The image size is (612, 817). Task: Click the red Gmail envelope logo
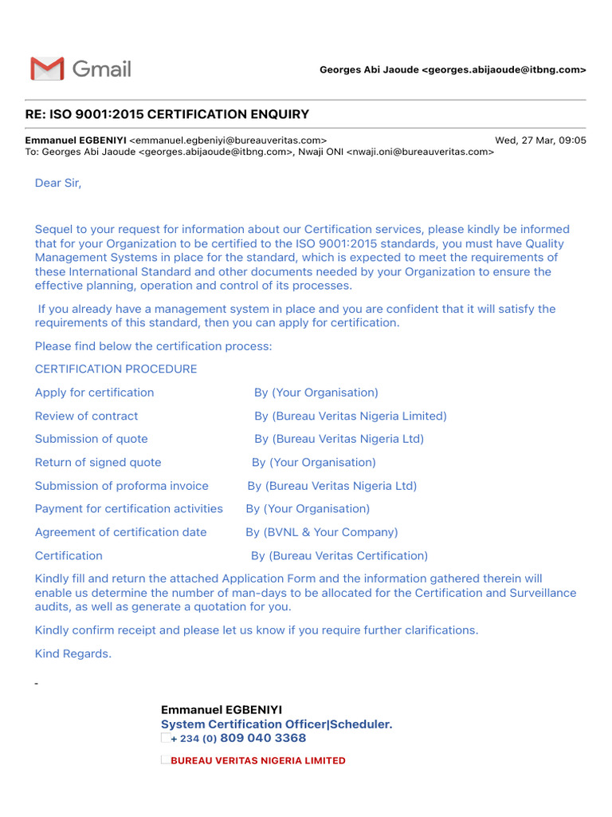point(47,69)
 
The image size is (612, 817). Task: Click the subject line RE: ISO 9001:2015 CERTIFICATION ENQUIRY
point(167,114)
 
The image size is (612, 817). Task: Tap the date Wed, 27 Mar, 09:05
point(540,140)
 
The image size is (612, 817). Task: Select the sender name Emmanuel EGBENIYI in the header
point(76,140)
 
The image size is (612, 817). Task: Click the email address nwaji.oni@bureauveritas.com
point(420,152)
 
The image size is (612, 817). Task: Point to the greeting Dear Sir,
point(58,183)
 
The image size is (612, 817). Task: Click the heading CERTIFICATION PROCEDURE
point(116,369)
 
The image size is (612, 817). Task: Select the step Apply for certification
point(94,393)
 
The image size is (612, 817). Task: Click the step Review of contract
point(86,416)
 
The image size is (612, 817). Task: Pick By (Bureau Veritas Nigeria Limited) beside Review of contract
point(351,416)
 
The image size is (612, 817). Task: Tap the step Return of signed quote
point(98,462)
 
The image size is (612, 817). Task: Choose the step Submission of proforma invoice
point(121,485)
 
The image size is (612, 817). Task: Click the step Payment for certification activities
point(128,508)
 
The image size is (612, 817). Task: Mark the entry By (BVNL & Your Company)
point(321,532)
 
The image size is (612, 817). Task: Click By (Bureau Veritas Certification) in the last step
point(339,555)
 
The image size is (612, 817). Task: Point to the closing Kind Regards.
point(73,653)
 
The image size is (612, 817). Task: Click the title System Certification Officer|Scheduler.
point(277,724)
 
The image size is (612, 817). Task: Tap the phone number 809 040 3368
point(263,738)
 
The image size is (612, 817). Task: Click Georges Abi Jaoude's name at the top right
point(368,70)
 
